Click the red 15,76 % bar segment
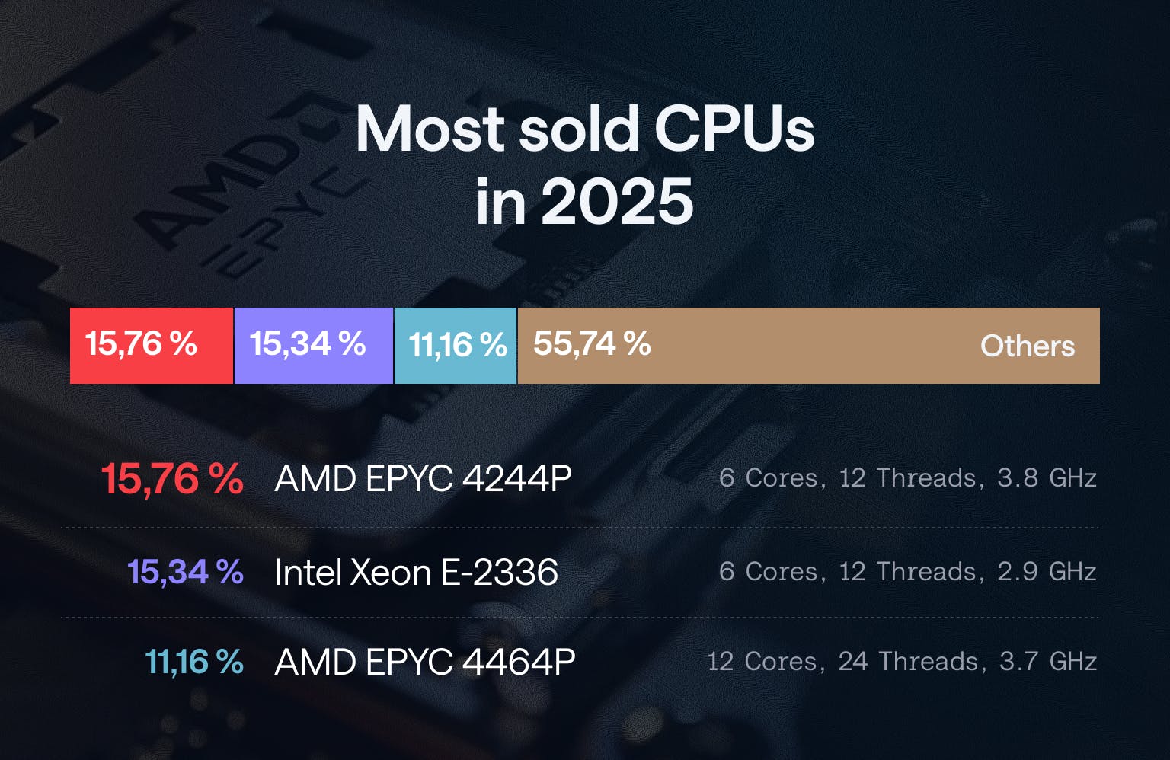pyautogui.click(x=151, y=345)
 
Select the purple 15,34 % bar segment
pyautogui.click(x=313, y=345)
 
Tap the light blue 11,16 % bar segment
pyautogui.click(x=456, y=345)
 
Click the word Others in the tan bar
pyautogui.click(x=1027, y=346)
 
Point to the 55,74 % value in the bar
pyautogui.click(x=592, y=344)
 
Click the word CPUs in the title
pyautogui.click(x=734, y=128)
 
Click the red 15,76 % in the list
pyautogui.click(x=172, y=479)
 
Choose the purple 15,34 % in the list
pyautogui.click(x=185, y=572)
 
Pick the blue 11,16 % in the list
pyautogui.click(x=193, y=662)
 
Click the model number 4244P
pyautogui.click(x=516, y=479)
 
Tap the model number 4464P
pyautogui.click(x=518, y=662)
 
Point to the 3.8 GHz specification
pyautogui.click(x=1047, y=478)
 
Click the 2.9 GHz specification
pyautogui.click(x=1047, y=572)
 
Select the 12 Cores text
pyautogui.click(x=762, y=662)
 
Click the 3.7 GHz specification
pyautogui.click(x=1047, y=662)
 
